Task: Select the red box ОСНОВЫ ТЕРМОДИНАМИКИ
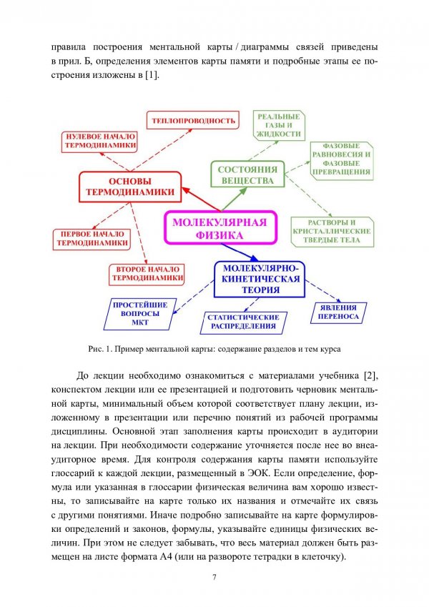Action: [x=129, y=187]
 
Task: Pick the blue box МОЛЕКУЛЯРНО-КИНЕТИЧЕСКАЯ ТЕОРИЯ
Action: [x=259, y=279]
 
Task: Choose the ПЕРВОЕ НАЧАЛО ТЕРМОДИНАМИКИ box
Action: [x=92, y=238]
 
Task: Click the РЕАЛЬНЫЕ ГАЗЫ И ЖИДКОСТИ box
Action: [x=279, y=124]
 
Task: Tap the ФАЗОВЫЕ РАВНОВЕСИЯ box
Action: [x=341, y=159]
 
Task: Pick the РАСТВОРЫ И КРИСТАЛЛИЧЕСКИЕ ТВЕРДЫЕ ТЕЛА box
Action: [x=332, y=232]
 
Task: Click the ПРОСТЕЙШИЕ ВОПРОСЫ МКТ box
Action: [x=140, y=312]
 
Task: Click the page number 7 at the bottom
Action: [x=214, y=578]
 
